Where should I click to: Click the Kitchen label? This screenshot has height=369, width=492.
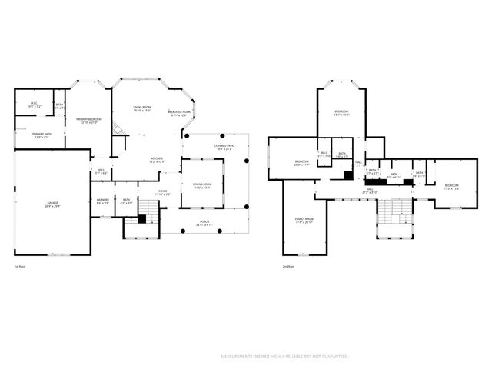(157, 160)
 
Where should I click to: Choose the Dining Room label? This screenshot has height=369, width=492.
(201, 187)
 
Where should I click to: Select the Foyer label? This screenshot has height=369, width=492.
(163, 192)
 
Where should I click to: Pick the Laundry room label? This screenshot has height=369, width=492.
(102, 201)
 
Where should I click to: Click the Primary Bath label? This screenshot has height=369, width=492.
(42, 135)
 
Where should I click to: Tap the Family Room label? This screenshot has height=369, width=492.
(304, 221)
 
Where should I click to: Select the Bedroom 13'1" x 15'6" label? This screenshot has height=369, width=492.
(342, 114)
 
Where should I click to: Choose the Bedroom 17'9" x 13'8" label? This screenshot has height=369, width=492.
(451, 186)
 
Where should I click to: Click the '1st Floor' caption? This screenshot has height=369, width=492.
(21, 267)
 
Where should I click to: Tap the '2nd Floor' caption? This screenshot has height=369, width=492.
(288, 267)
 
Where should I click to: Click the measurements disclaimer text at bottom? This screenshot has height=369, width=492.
(284, 357)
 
